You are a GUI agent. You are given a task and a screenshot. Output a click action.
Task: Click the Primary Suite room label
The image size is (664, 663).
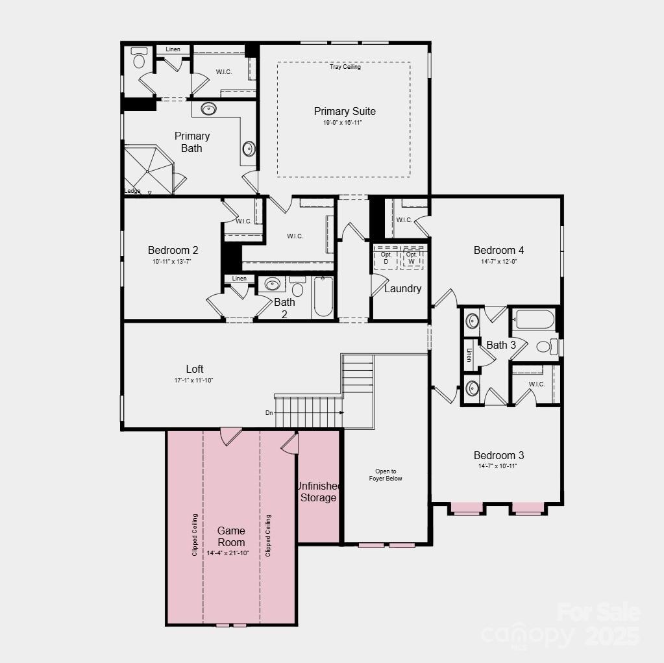345,112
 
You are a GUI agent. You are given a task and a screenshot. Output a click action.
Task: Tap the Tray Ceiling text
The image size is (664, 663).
345,67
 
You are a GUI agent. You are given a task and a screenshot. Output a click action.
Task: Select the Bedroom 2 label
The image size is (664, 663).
173,251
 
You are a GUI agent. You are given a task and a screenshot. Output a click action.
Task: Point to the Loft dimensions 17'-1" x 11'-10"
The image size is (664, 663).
194,381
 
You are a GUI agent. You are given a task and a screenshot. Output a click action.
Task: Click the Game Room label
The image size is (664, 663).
231,536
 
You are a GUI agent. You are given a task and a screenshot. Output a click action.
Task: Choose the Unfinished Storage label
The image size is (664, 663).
318,492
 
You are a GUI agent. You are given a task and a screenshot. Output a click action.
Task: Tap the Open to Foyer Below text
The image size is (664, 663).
386,475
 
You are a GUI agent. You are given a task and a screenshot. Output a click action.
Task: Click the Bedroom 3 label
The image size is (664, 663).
498,456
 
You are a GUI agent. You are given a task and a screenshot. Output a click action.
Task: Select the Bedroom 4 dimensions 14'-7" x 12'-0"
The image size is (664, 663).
498,262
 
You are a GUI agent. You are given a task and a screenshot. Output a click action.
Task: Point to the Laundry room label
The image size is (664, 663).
402,289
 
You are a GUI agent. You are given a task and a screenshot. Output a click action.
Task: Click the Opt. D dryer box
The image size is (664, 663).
386,258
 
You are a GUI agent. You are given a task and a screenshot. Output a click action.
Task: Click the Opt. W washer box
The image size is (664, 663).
412,258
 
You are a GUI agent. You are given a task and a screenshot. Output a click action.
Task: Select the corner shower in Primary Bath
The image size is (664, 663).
148,169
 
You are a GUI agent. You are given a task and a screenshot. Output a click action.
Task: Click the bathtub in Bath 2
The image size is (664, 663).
323,297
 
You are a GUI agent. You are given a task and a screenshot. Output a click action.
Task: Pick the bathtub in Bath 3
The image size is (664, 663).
534,319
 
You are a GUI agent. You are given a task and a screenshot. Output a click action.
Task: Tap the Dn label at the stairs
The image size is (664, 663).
269,413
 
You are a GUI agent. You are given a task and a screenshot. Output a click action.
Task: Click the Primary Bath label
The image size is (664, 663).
192,142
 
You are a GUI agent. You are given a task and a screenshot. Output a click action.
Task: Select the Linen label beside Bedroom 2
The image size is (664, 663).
240,279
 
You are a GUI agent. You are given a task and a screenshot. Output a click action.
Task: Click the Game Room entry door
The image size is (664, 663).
230,436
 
